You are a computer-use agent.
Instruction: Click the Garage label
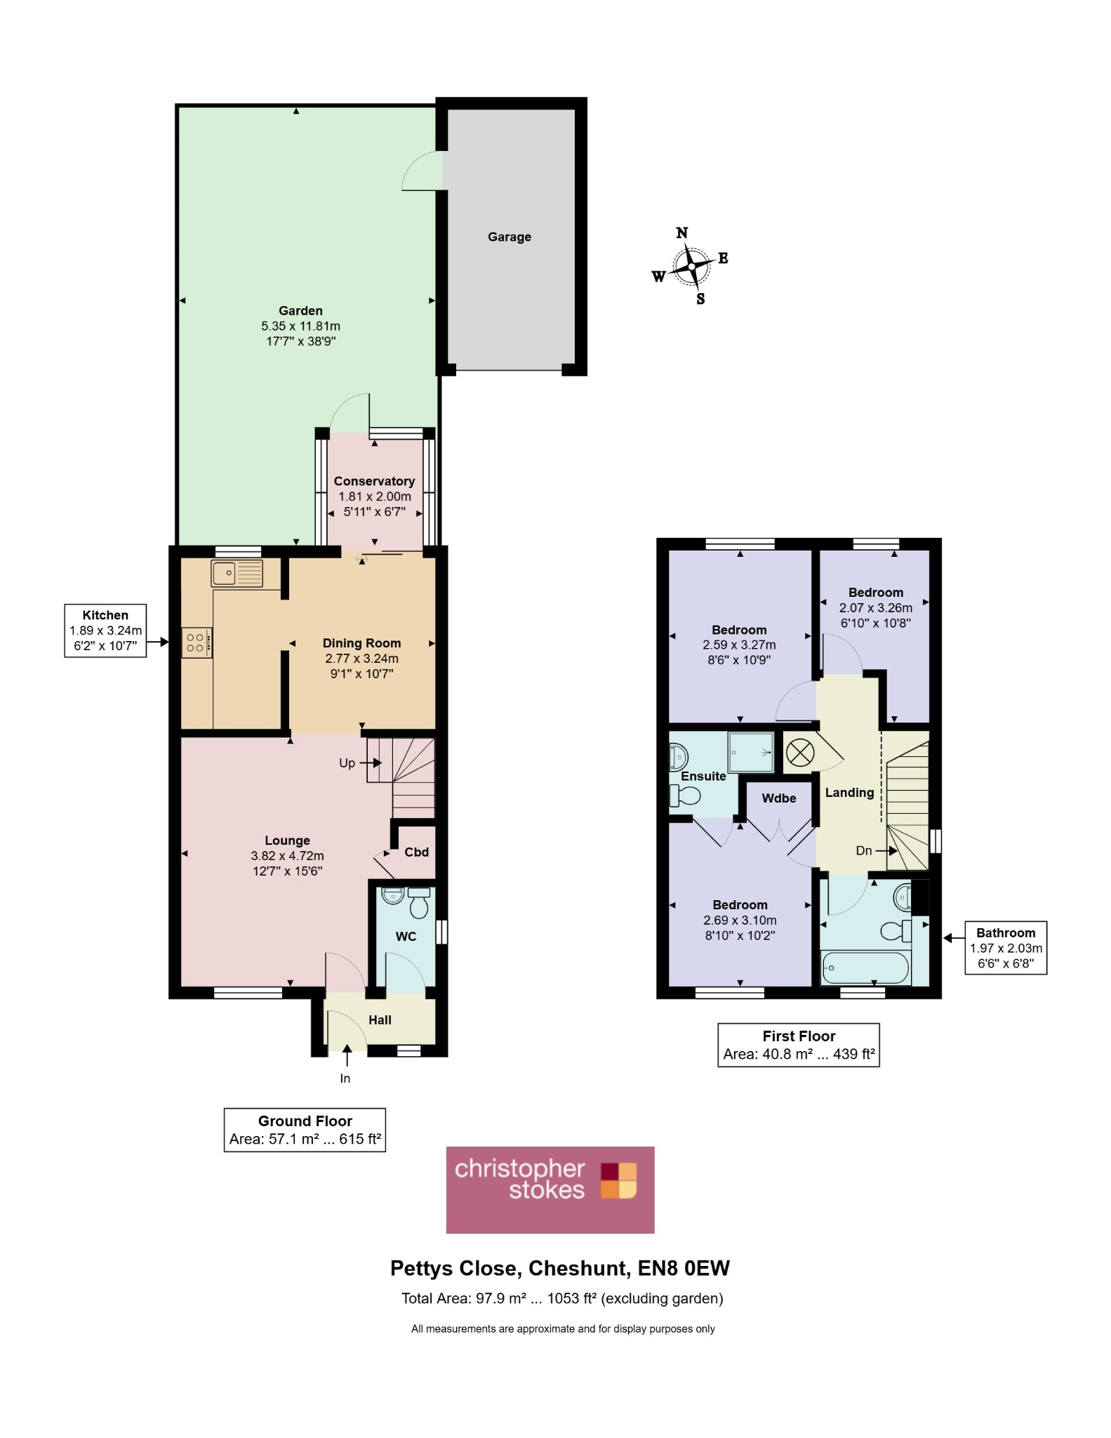[510, 237]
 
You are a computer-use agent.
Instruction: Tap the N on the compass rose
[681, 232]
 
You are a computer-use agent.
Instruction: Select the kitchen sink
[237, 573]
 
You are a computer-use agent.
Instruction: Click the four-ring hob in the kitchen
[197, 643]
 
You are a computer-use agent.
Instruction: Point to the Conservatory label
[374, 481]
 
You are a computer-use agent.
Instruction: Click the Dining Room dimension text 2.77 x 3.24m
[361, 659]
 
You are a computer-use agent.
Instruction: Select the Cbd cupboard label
[416, 852]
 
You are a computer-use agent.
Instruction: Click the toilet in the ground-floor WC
[419, 903]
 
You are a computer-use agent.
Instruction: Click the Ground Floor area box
[305, 1130]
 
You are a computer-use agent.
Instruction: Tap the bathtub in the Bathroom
[866, 968]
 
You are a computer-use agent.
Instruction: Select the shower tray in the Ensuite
[750, 753]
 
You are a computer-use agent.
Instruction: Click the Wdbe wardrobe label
[779, 798]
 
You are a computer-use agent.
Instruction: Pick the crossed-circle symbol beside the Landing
[800, 753]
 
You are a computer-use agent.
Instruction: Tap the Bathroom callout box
[1006, 948]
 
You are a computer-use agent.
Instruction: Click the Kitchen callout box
[105, 631]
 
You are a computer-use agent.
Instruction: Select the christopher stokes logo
[550, 1190]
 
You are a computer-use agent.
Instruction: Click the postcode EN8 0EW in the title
[684, 1268]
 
